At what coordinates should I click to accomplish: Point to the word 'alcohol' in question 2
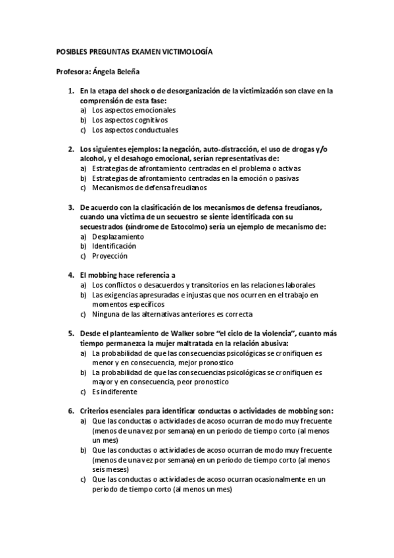(91, 159)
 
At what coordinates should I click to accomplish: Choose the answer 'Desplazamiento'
(118, 236)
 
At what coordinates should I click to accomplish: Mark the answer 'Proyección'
(110, 256)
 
